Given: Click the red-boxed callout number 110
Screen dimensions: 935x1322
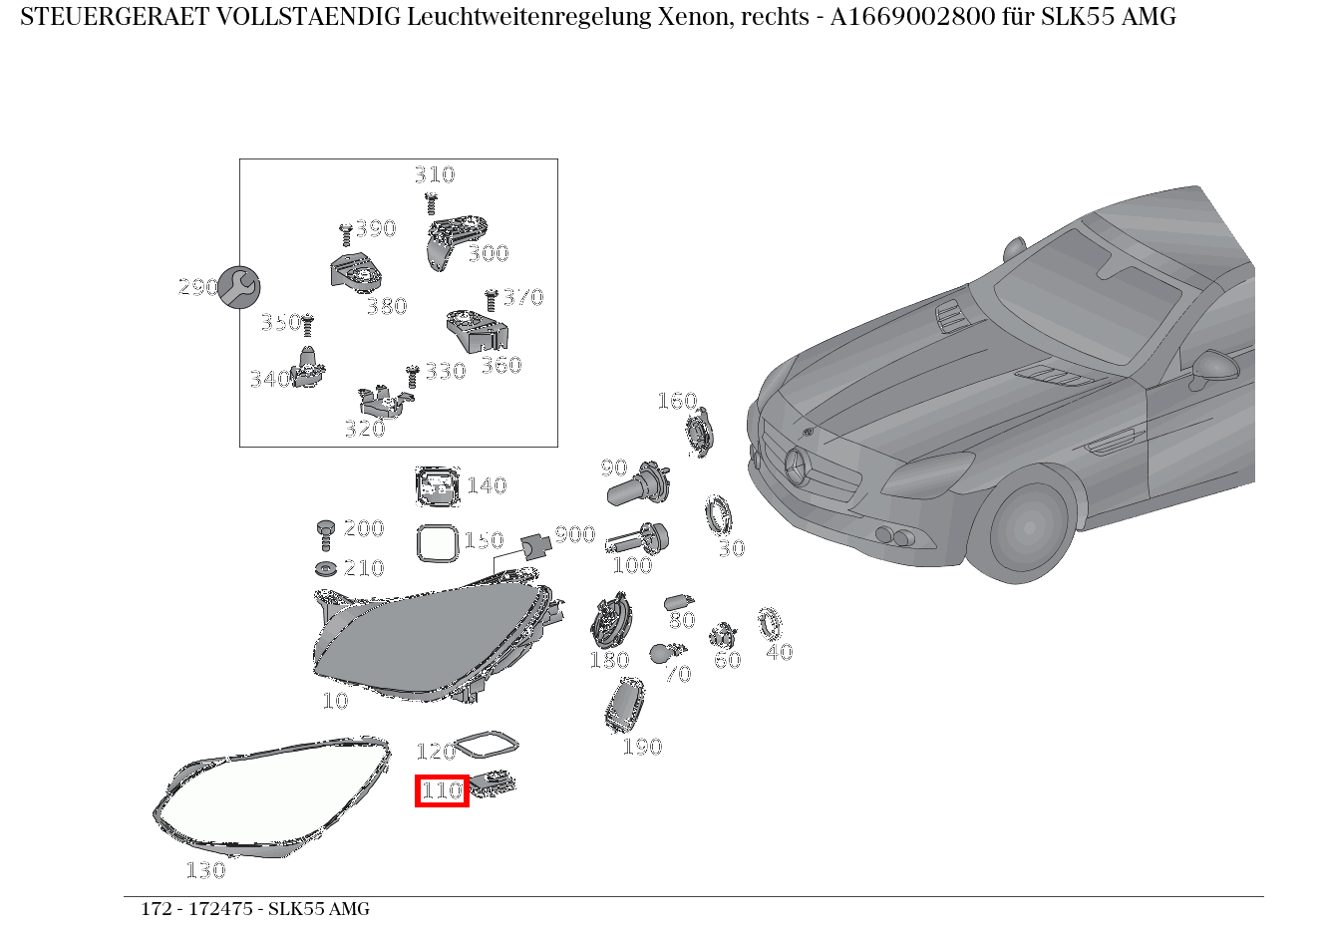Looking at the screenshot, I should (442, 790).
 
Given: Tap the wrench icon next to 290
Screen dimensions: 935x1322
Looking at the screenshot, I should (238, 287).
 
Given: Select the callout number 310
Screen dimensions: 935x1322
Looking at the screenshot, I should (435, 174).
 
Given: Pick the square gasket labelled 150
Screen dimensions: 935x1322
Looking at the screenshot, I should (437, 543).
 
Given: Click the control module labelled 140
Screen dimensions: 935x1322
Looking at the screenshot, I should (437, 486).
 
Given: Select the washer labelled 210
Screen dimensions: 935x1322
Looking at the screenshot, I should (325, 569).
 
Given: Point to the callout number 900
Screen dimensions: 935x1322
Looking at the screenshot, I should (575, 535).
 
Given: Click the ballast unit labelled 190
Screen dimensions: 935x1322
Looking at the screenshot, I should (624, 706).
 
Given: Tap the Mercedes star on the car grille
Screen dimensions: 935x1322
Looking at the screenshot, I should (798, 467).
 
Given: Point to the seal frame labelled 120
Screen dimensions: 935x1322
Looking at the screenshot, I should (486, 746).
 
